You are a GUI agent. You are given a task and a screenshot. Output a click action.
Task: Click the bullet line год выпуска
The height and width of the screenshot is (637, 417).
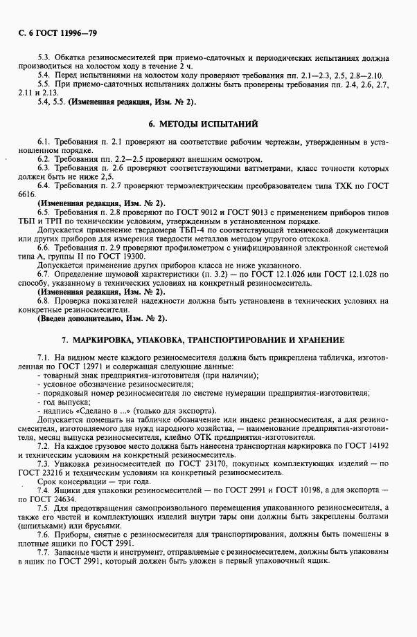[x=66, y=400]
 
